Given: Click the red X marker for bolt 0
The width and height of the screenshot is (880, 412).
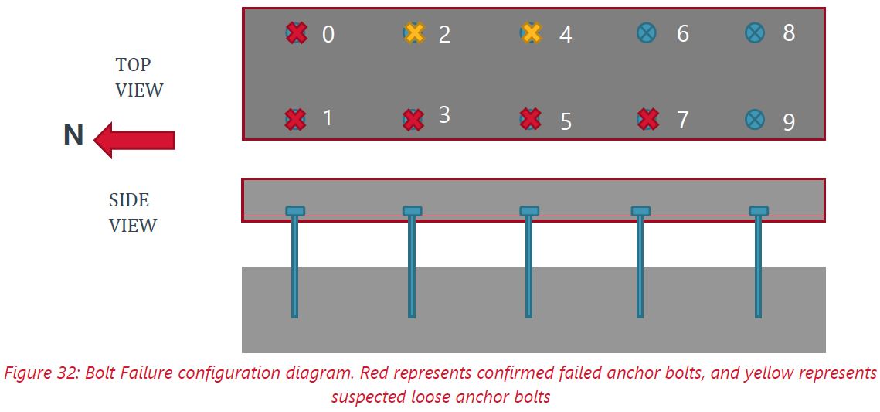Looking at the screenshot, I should tap(297, 33).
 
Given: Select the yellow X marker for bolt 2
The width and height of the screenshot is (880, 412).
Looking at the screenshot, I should tap(415, 33).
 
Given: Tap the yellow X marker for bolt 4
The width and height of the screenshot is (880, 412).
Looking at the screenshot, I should tap(531, 33).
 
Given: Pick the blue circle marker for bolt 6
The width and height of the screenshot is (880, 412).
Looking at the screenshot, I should tap(647, 32).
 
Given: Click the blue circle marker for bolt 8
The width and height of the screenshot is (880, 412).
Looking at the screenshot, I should tap(755, 32).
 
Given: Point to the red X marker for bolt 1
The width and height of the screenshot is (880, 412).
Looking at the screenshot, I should tap(295, 119).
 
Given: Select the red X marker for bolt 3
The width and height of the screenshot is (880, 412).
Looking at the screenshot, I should tap(414, 119).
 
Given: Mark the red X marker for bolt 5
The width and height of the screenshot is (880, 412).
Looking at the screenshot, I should tap(531, 119).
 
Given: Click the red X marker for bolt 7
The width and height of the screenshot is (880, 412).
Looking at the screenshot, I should tap(649, 119).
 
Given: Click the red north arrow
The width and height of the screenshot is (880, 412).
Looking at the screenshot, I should tap(134, 140).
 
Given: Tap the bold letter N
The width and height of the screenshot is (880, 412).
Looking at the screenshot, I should tap(73, 136).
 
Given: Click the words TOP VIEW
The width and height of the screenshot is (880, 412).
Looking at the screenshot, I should tap(139, 77).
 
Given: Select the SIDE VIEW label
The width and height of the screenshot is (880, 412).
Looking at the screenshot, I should tap(133, 213).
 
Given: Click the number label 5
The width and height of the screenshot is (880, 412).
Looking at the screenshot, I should tap(566, 122).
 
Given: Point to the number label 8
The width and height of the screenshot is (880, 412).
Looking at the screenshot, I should tap(789, 33).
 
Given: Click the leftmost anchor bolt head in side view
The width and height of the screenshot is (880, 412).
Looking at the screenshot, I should tap(295, 211).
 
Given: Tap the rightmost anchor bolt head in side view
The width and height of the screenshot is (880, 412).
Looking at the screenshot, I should tap(759, 211).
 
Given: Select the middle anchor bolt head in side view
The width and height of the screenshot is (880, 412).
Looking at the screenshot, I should tap(529, 211).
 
